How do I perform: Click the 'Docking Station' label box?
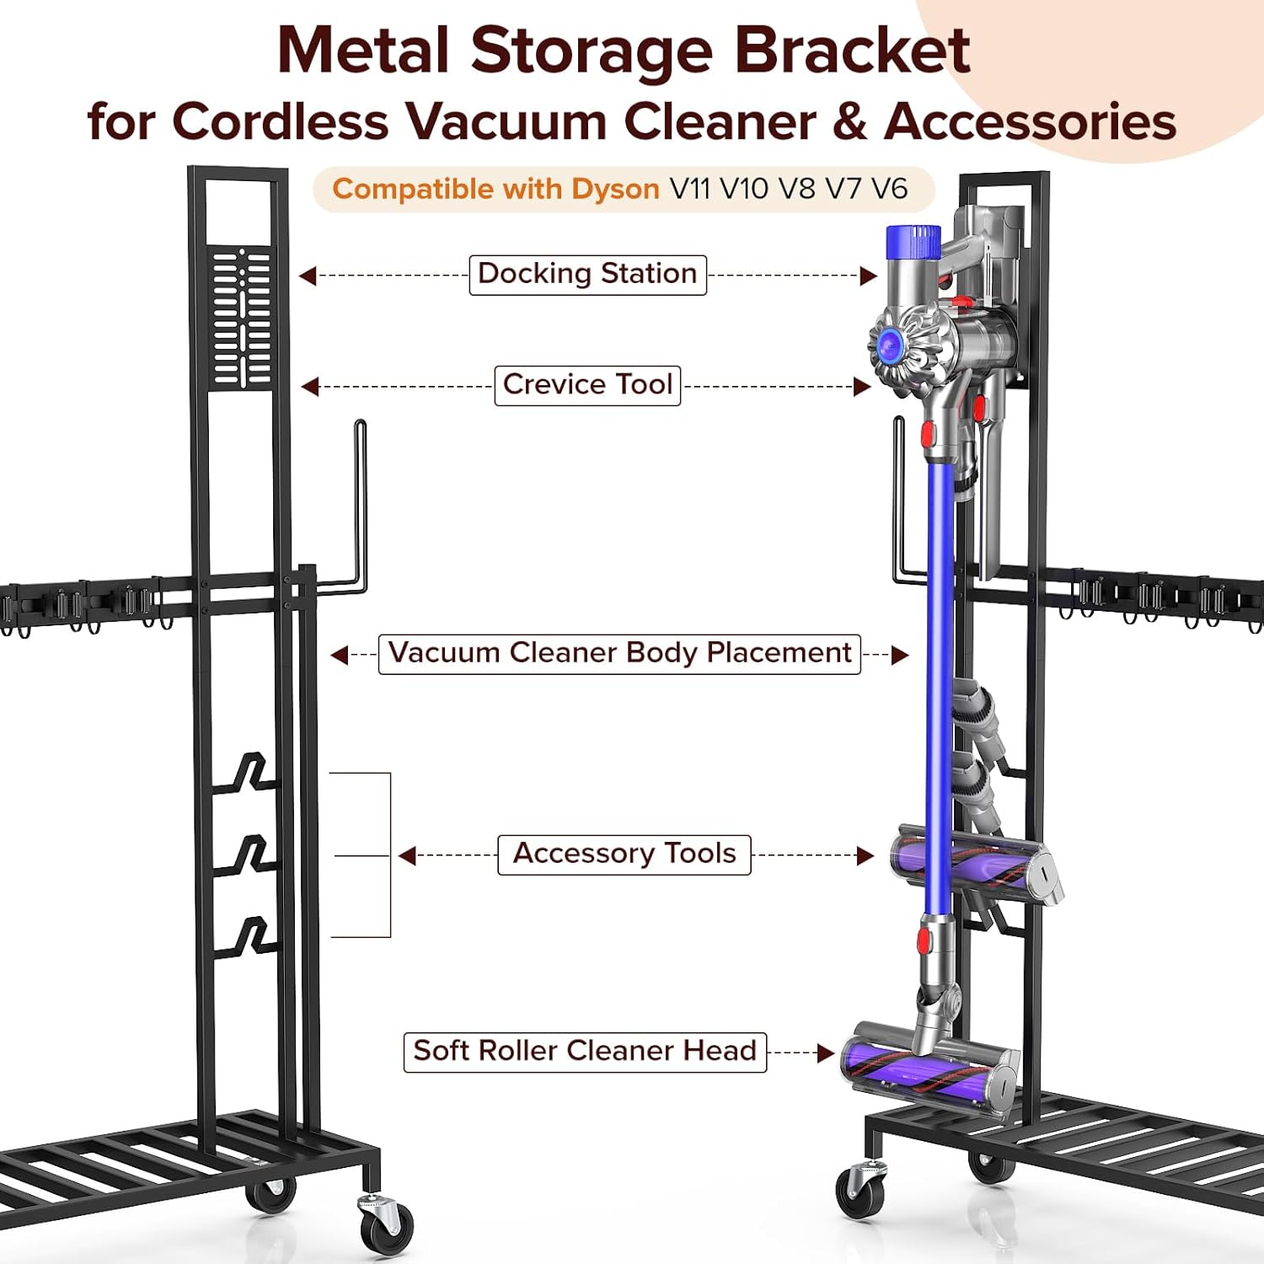click(x=587, y=275)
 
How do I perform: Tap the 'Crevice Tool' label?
click(x=587, y=385)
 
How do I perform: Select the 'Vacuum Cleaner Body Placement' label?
click(x=619, y=654)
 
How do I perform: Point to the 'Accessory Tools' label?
click(x=624, y=854)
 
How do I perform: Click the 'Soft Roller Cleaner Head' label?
click(x=585, y=1052)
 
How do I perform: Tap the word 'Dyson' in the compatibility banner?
click(x=615, y=189)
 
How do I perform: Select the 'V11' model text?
click(x=689, y=189)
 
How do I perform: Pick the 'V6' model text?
click(x=889, y=189)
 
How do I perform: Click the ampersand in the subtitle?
click(x=849, y=121)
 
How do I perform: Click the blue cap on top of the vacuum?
click(x=913, y=241)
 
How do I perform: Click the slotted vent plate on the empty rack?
click(x=242, y=318)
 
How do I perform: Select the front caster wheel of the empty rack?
click(x=387, y=1225)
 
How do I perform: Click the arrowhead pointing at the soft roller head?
click(x=825, y=1052)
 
